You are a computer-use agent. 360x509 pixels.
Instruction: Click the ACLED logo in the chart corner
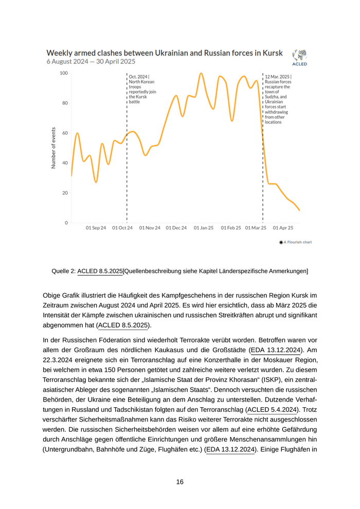[x=299, y=57]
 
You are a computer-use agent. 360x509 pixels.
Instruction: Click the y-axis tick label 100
[x=64, y=73]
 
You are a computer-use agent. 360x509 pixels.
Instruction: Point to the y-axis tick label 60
[x=65, y=133]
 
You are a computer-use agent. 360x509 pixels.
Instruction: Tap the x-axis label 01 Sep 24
[x=96, y=227]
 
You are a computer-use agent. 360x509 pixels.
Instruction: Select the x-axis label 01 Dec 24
[x=176, y=227]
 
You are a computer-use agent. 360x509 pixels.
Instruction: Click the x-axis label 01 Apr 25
[x=283, y=227]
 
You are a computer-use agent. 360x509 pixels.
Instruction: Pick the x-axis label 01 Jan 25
[x=204, y=227]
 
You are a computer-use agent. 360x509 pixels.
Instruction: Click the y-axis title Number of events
[x=53, y=148]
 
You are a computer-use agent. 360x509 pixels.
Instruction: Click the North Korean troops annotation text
[x=142, y=89]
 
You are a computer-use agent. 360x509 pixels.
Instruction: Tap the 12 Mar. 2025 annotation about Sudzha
[x=278, y=99]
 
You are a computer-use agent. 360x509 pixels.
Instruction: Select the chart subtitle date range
[x=91, y=62]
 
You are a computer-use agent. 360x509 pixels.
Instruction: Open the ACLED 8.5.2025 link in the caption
[x=100, y=271]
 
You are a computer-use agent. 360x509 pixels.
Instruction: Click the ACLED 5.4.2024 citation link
[x=271, y=409]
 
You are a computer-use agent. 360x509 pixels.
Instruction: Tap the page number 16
[x=179, y=482]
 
